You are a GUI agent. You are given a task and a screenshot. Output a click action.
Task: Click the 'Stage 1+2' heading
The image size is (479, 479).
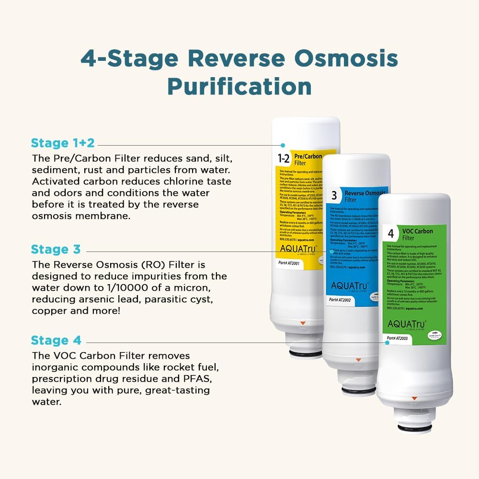coord(62,143)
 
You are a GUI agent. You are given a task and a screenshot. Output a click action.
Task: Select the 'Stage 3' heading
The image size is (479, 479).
coord(56,250)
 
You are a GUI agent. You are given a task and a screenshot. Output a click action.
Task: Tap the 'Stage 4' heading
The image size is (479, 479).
coord(56,341)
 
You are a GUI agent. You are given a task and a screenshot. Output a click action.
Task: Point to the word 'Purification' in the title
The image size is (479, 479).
coord(239,87)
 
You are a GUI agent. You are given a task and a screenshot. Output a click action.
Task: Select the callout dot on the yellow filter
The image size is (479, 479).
coord(283,145)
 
